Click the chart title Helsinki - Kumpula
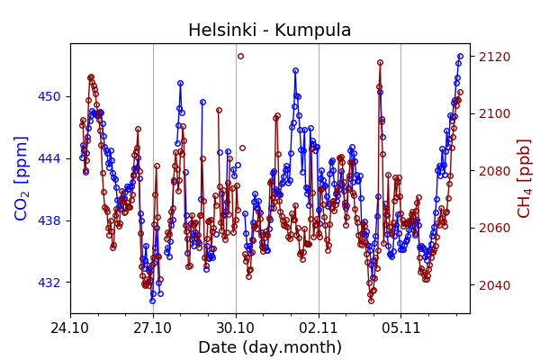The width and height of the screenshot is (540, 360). tap(269, 31)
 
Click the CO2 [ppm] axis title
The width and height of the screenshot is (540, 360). tap(22, 178)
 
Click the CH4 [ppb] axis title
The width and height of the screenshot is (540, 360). tap(524, 178)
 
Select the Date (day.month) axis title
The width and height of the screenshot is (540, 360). tap(269, 347)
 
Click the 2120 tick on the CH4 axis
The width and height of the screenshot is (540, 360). tap(494, 57)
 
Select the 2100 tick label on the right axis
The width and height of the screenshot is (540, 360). tap(494, 113)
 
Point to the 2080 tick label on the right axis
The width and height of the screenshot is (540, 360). tap(494, 171)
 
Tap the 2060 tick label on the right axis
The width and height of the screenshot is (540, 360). tap(494, 228)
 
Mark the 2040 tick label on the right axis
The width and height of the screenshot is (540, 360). tap(494, 285)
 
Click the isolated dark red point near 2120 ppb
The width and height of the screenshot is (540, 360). tap(240, 56)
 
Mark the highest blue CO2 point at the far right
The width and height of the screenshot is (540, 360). tap(460, 56)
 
